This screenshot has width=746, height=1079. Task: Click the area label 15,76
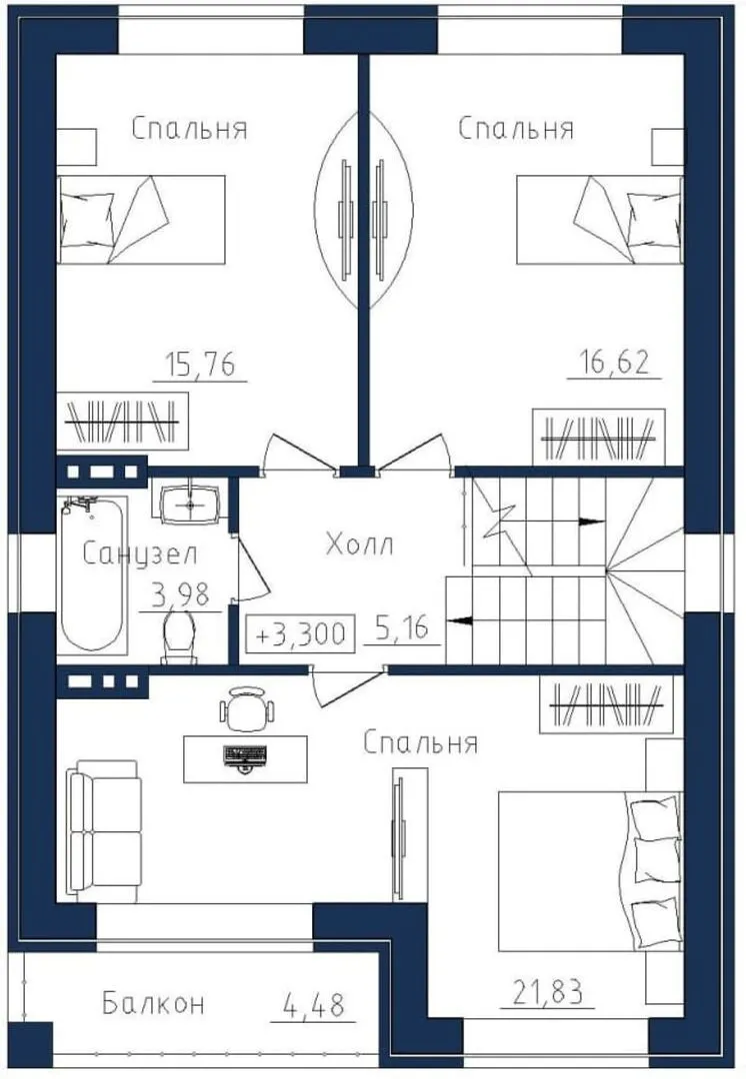tap(200, 364)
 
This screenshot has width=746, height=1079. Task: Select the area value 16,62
tap(614, 362)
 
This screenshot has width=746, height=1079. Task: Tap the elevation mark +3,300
tap(300, 633)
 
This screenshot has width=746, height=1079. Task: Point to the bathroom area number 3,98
tap(180, 594)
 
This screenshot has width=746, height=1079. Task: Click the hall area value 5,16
tap(402, 626)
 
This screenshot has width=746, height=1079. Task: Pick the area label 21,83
tap(549, 992)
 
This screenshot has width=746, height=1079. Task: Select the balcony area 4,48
tap(313, 1005)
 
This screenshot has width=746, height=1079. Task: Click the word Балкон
tap(153, 1003)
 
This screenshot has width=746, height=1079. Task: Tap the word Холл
tap(360, 544)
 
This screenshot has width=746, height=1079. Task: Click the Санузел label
tap(140, 553)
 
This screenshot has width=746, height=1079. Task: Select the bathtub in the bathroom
tap(93, 573)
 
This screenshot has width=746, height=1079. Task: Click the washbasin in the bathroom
tap(190, 504)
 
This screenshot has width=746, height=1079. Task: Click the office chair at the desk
tap(247, 708)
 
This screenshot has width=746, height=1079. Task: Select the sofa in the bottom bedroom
tap(105, 831)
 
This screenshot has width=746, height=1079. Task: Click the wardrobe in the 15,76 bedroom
tap(122, 423)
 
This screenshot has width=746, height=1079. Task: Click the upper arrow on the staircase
tap(591, 522)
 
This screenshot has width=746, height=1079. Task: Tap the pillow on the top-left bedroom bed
tap(87, 221)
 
